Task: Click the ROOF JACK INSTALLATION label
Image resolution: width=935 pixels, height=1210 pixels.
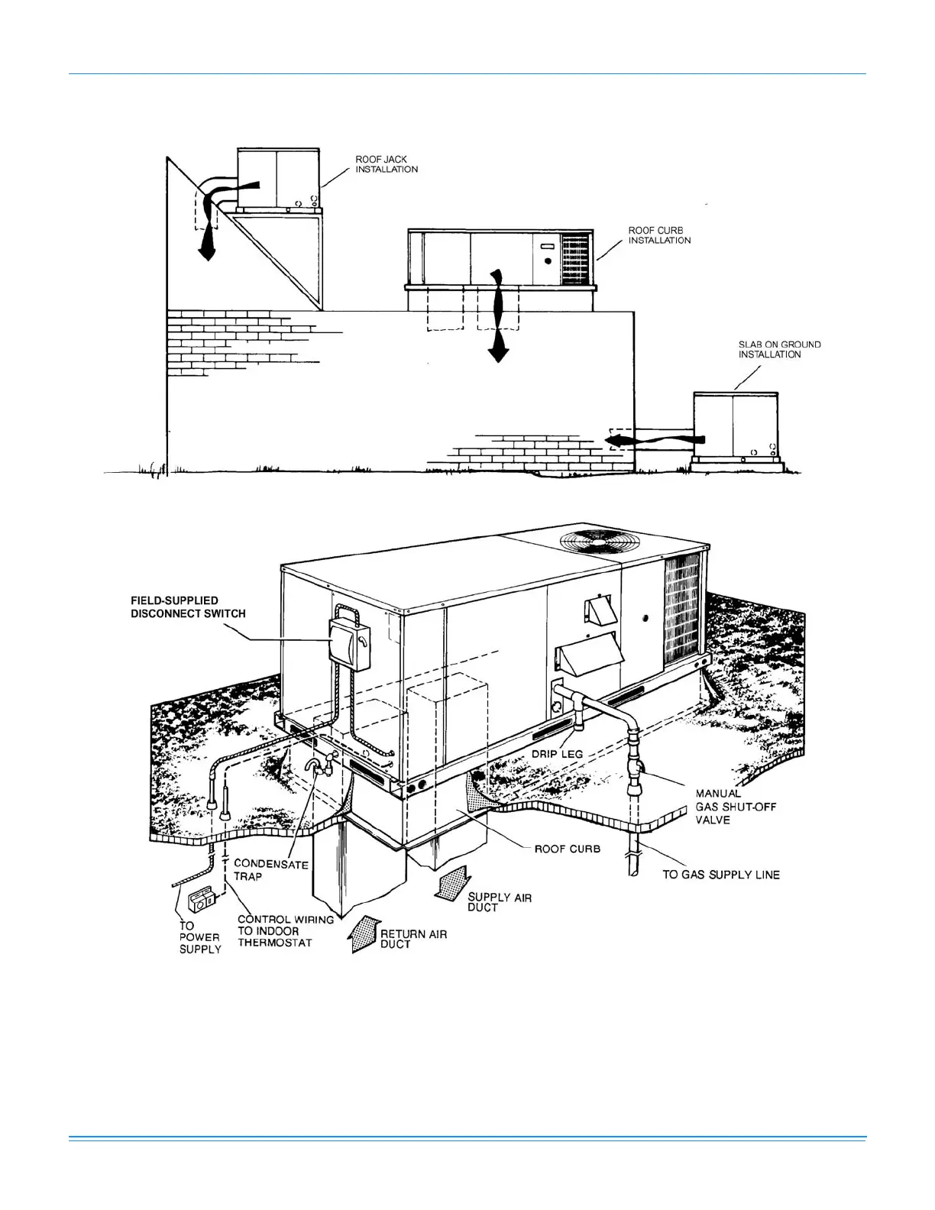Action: pos(387,164)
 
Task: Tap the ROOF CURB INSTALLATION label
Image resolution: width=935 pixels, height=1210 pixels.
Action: pos(659,235)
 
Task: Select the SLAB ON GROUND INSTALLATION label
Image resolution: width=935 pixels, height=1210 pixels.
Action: pos(779,349)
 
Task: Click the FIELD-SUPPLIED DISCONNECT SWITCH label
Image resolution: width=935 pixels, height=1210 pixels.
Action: pos(188,607)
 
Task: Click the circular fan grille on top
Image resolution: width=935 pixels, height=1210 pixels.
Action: pos(600,541)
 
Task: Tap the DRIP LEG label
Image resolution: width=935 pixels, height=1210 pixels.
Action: pos(557,754)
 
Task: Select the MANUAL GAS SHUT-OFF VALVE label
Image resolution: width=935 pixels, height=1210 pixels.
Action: pos(735,807)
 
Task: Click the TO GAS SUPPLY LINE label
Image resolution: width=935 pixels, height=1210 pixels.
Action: pos(720,875)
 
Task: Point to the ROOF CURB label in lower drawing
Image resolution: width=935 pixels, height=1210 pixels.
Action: pos(567,849)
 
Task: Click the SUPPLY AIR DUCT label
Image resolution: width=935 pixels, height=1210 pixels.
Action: pos(500,902)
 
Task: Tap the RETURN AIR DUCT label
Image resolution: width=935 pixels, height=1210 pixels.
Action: pos(413,939)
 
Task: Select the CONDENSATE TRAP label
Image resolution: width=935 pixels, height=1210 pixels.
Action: pos(270,870)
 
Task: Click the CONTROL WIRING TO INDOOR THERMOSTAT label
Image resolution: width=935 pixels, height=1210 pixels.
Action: pos(285,931)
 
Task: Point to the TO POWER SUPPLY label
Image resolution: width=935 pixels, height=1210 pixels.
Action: pos(199,937)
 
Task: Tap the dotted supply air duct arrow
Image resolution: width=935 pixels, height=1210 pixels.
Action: pos(451,885)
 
